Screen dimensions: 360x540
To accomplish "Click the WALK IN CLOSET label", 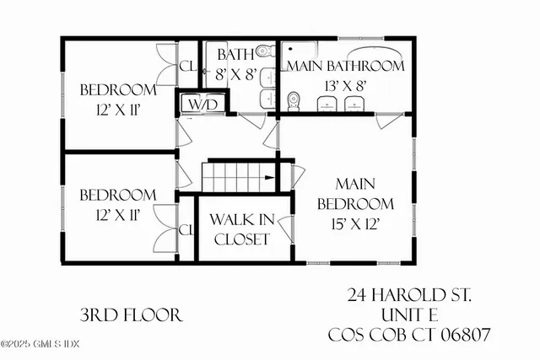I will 241,228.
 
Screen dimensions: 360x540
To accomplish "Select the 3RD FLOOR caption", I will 131,315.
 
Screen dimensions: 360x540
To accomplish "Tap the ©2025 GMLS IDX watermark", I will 40,343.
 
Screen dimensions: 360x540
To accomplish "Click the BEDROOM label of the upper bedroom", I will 118,89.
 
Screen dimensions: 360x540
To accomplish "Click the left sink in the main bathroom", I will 327,103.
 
